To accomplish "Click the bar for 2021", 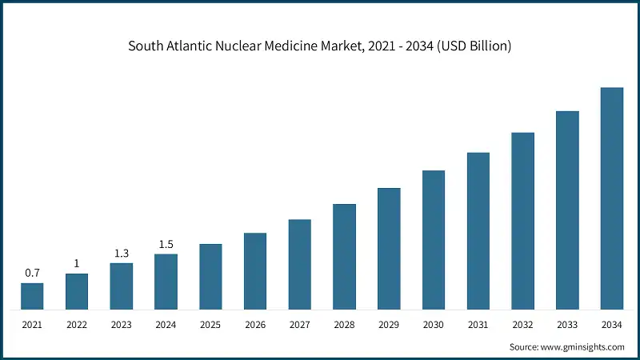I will (32, 296).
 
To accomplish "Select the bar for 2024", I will (166, 282).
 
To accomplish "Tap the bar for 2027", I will (300, 264).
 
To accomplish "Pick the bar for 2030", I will (434, 240).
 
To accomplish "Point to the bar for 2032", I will (522, 221).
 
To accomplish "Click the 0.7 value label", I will (32, 273).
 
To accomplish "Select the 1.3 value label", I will (122, 253).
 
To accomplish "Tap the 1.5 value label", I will (166, 244).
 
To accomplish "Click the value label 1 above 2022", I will (77, 263).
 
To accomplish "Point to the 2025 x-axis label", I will (210, 324).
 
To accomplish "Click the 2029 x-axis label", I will (389, 324).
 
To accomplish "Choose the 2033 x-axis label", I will (567, 324).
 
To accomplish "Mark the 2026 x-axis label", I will (255, 324).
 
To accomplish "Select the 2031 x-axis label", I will (478, 324).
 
